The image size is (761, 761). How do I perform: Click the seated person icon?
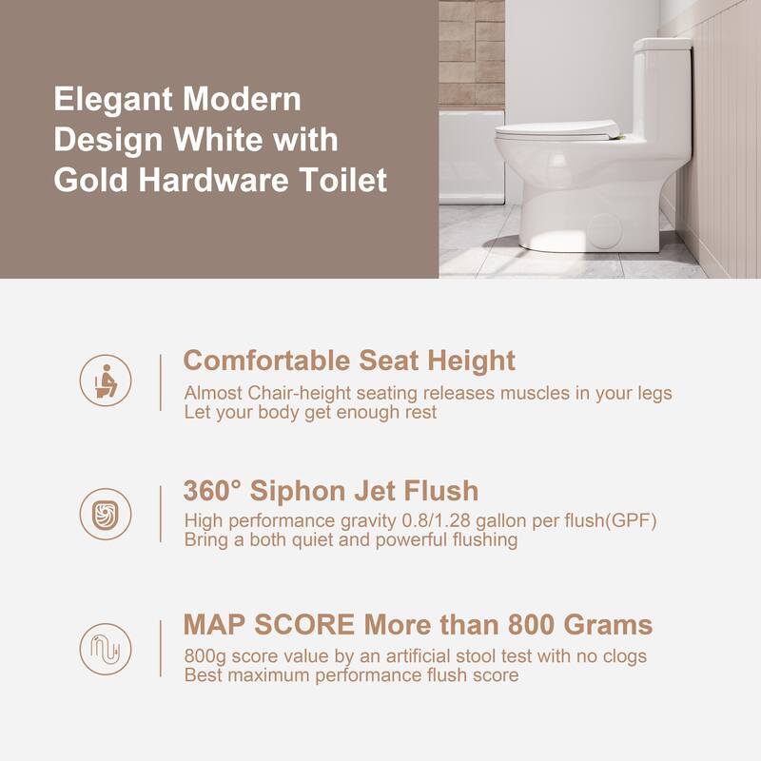pyautogui.click(x=106, y=380)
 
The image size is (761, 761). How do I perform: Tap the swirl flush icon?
pyautogui.click(x=106, y=514)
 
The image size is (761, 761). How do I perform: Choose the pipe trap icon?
pyautogui.click(x=106, y=649)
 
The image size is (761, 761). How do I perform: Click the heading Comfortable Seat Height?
pyautogui.click(x=348, y=361)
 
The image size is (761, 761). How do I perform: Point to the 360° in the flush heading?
pyautogui.click(x=214, y=492)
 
